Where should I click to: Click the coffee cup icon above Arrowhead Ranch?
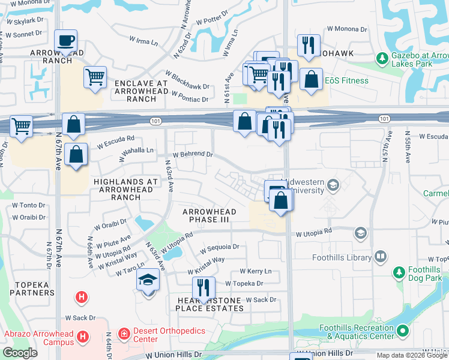[x=65, y=41]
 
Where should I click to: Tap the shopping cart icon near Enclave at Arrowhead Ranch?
[x=95, y=77]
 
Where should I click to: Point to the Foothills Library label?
[x=342, y=257]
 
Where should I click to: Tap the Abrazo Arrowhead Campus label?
[x=39, y=338]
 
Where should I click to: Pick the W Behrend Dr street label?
[x=193, y=154]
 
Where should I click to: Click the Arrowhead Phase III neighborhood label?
[x=209, y=215]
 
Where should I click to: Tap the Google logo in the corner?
[x=20, y=352]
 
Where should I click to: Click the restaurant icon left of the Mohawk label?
[x=309, y=46]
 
